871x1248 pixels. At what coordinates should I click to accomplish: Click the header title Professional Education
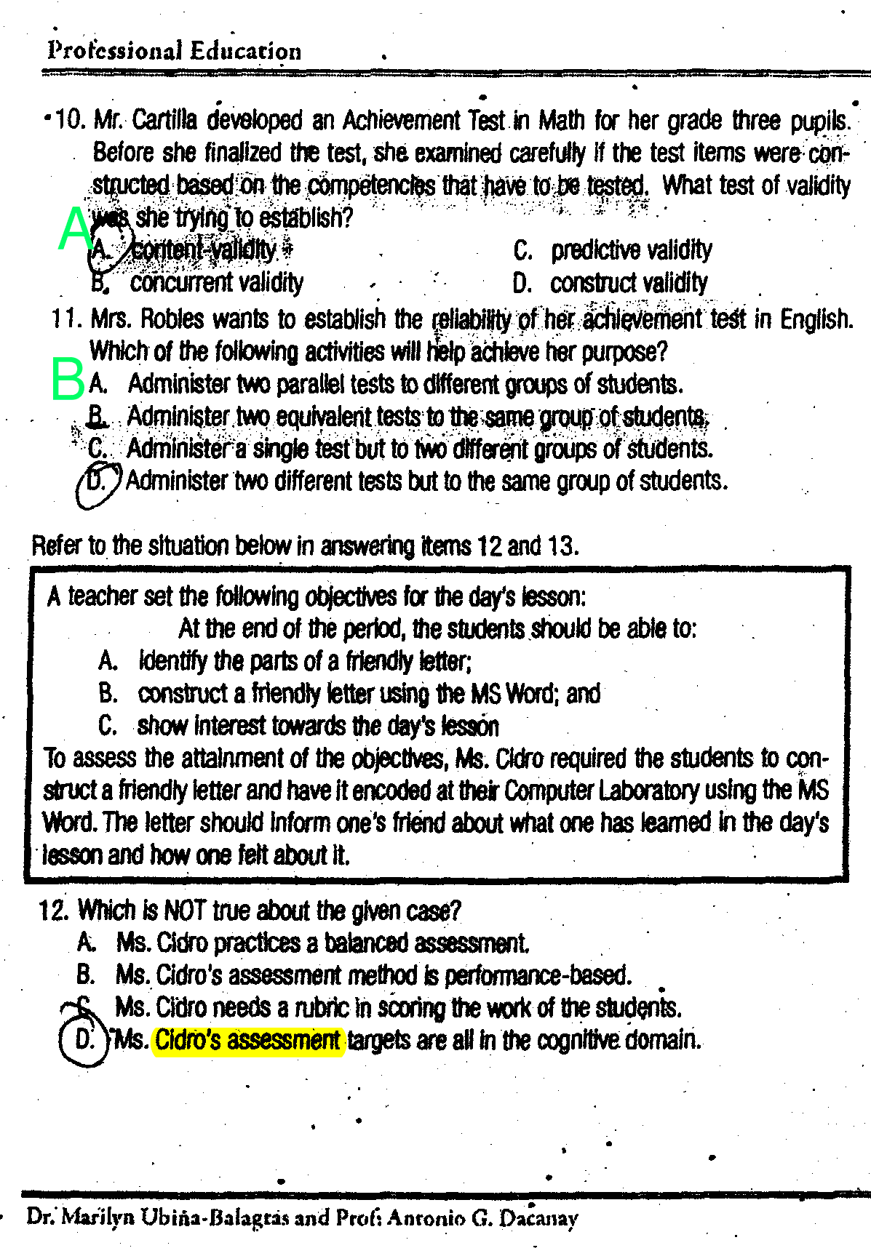tap(174, 51)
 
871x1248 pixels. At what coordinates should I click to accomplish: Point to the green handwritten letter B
tap(68, 378)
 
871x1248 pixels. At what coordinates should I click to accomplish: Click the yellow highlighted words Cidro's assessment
tap(247, 1040)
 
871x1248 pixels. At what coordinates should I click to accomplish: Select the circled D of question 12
tap(84, 1039)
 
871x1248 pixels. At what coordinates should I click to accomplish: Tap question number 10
tap(70, 120)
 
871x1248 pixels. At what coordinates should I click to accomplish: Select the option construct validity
tap(628, 283)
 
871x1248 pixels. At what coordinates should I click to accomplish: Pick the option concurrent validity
tap(216, 283)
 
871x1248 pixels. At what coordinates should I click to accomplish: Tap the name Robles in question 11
tap(169, 319)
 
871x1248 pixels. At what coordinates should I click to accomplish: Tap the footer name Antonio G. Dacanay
tap(482, 1217)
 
